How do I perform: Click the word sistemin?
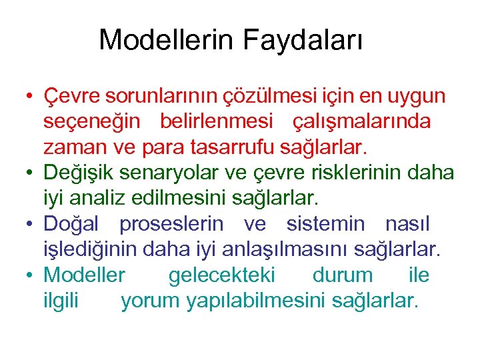click(326, 223)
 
